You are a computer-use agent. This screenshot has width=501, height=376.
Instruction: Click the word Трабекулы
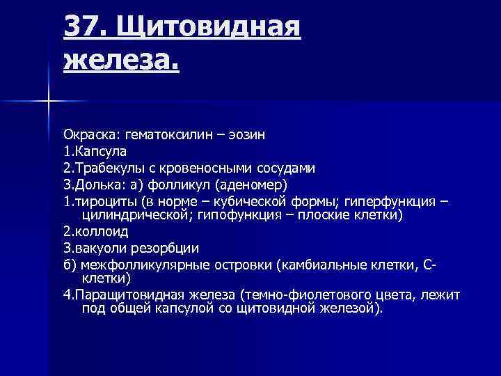point(103,168)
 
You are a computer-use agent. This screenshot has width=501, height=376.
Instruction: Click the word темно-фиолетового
point(321,295)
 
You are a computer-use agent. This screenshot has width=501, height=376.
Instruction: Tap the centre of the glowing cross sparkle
point(49,102)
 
